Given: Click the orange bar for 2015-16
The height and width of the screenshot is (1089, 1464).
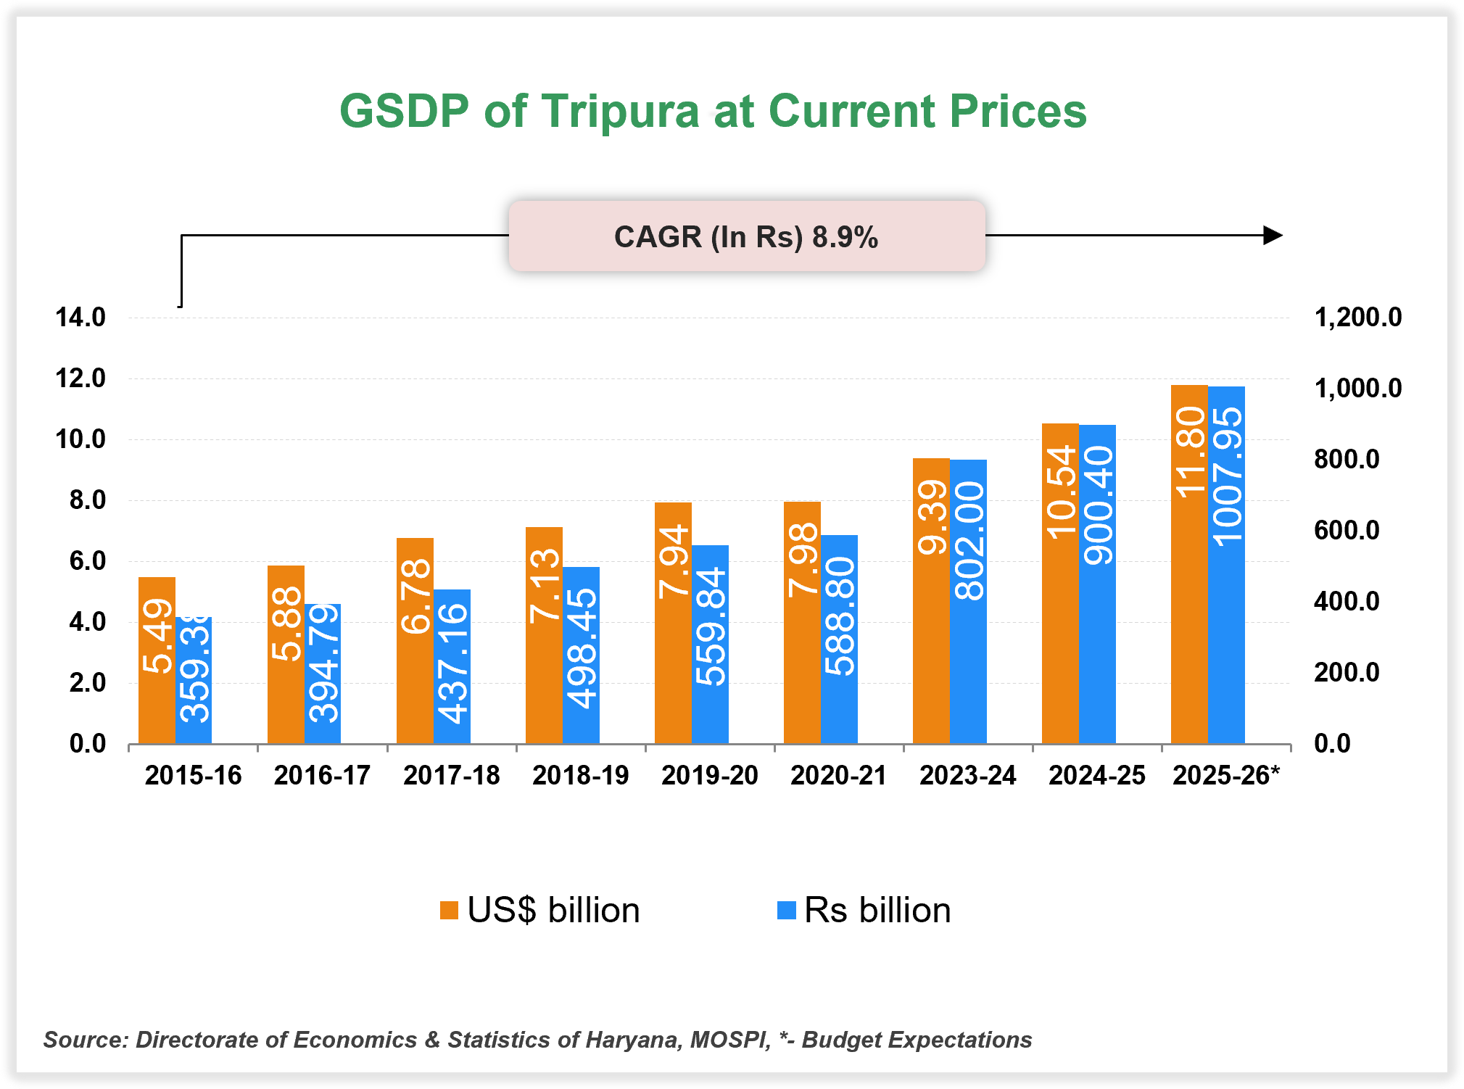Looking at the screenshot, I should click(x=157, y=660).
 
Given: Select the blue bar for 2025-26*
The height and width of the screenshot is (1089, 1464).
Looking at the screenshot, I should click(x=1226, y=566).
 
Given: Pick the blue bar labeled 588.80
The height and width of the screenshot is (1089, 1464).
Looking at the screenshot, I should click(x=839, y=638).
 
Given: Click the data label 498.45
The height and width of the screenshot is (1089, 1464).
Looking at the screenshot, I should click(x=581, y=647).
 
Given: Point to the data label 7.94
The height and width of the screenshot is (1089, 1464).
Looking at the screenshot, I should click(x=673, y=561).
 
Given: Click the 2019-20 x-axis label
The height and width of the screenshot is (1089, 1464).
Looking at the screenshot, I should click(x=709, y=775).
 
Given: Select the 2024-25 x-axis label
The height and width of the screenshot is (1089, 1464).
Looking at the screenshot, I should click(x=1096, y=775).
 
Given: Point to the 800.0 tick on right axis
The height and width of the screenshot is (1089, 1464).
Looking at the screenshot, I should click(x=1347, y=459).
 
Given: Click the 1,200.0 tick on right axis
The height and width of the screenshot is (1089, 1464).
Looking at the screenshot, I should click(x=1357, y=317).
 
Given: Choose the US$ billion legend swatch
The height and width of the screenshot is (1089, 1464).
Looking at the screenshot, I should click(x=449, y=910).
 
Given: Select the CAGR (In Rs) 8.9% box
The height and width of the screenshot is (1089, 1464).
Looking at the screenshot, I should click(x=746, y=236).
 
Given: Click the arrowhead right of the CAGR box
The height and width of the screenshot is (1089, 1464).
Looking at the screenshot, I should click(x=1272, y=235).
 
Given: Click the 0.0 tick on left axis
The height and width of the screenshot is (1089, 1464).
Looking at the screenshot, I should click(x=87, y=743).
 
